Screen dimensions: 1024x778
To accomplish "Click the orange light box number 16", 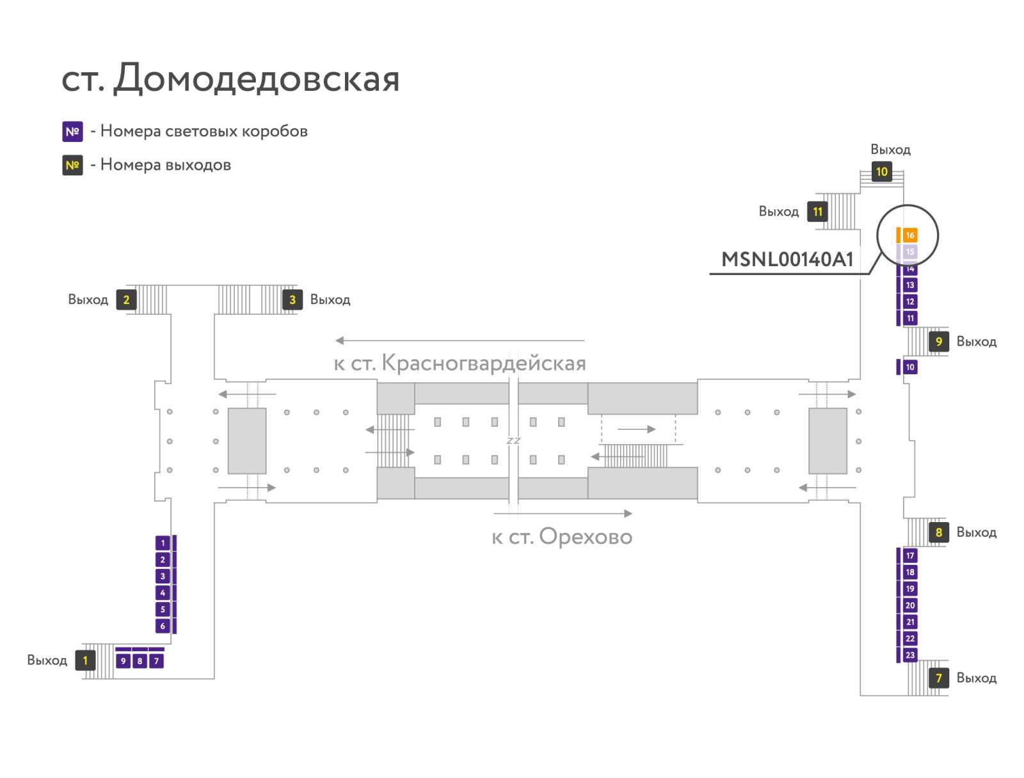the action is [x=909, y=235].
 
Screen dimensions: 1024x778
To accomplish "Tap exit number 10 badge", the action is [x=881, y=171].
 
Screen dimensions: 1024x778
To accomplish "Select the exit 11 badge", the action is [x=817, y=212].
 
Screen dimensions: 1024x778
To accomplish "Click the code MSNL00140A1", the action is [x=787, y=259].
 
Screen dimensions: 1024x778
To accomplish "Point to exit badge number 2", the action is [x=126, y=299].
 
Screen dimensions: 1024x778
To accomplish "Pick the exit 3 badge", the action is [x=292, y=299].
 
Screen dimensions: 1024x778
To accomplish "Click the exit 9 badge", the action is [x=939, y=341].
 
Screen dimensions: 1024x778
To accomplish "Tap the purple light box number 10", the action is [x=909, y=367].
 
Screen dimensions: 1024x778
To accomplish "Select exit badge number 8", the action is [x=939, y=532].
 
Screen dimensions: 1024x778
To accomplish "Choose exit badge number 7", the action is [x=939, y=678].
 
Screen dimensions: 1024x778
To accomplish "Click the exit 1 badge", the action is [x=85, y=660].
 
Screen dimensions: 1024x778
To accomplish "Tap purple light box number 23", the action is [x=909, y=655].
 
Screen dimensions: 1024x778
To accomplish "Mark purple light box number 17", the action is [x=909, y=555].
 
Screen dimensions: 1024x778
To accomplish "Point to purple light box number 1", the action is [x=163, y=543].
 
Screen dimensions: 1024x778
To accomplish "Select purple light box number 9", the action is [x=123, y=660].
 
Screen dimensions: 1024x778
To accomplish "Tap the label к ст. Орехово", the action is [x=562, y=537].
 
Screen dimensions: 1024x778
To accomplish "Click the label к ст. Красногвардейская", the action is [x=460, y=363].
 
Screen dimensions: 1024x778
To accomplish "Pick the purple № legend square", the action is [x=72, y=131].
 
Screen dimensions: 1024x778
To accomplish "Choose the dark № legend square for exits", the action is [x=72, y=165].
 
